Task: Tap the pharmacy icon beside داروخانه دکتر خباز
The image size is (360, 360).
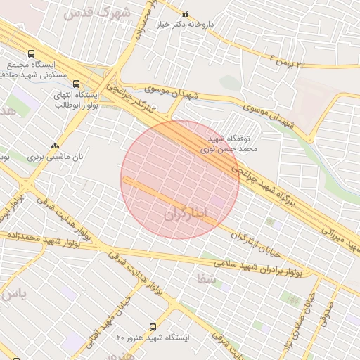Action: (x=186, y=14)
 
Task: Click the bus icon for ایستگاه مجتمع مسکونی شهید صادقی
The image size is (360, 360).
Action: (x=30, y=53)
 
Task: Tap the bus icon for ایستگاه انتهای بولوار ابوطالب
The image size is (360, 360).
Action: (x=76, y=84)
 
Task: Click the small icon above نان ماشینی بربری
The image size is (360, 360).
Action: (x=56, y=146)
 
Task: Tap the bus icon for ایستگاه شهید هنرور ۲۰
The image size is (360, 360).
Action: (x=153, y=328)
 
